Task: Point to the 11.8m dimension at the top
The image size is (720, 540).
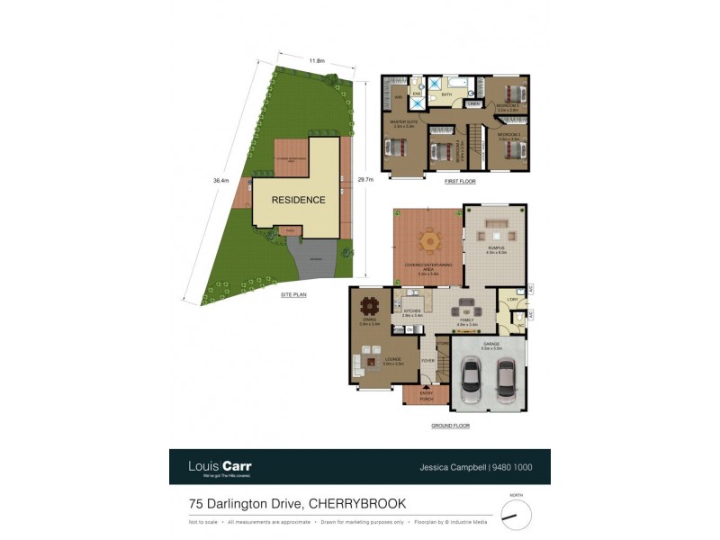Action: pos(317,60)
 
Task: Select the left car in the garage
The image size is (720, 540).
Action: pos(471,380)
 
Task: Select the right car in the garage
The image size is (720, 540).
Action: pos(507,380)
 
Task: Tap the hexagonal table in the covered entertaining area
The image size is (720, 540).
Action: pos(429,241)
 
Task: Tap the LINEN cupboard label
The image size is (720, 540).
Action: pos(473,103)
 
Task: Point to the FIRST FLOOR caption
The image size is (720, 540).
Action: pos(460,181)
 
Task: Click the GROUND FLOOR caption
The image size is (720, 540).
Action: pos(449,426)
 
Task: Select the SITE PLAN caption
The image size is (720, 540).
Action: pos(294,293)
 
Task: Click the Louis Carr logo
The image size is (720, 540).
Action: pos(220,466)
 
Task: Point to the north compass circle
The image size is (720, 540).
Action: pos(516,515)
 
